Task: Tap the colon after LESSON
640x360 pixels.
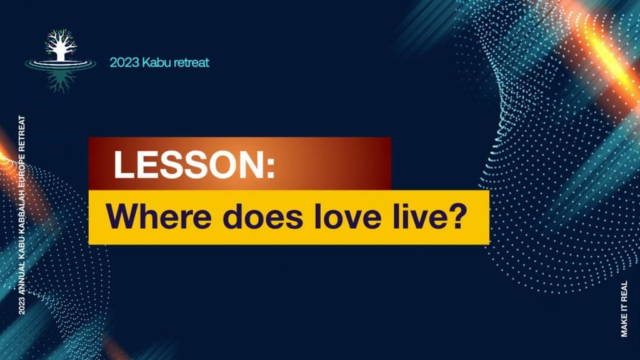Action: [271, 168]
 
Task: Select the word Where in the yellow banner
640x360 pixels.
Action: [158, 216]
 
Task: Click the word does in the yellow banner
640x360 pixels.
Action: [264, 216]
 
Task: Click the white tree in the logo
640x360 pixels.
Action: [61, 45]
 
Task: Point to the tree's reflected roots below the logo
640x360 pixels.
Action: [61, 81]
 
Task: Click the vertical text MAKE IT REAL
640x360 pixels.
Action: [624, 309]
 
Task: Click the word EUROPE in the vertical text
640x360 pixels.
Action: [22, 169]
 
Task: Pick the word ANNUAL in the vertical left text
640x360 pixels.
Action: [22, 277]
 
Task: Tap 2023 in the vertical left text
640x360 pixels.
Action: [22, 305]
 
